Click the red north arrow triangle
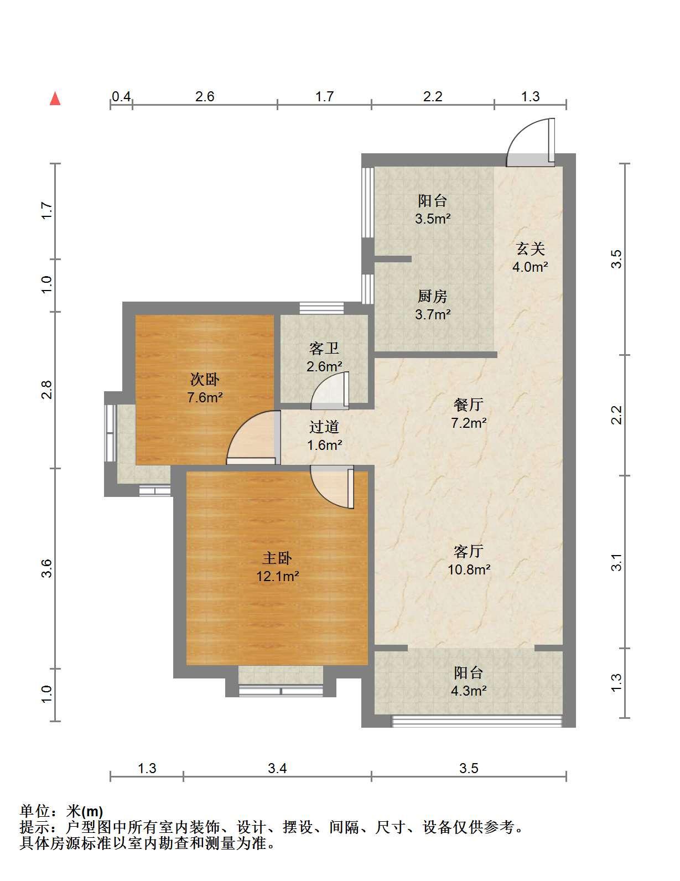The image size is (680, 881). tap(55, 99)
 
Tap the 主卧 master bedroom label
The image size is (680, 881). tap(277, 558)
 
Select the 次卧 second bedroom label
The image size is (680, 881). tap(205, 380)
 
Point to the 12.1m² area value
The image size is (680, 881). tap(278, 576)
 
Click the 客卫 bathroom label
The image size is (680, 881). tap(324, 349)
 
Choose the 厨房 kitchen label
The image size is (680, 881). tap(432, 297)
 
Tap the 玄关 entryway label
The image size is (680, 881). tap(531, 249)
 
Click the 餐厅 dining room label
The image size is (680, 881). tap(469, 405)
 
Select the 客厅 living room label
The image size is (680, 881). tap(469, 551)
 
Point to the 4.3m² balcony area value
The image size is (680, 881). tap(469, 691)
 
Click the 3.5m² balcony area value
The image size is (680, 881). tap(433, 219)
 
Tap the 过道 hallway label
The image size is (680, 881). tap(324, 427)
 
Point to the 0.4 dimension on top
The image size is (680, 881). tap(121, 96)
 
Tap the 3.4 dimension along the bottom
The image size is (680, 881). tap(278, 768)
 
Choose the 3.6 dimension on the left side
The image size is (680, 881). tap(48, 568)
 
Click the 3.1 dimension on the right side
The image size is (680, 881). tap(616, 562)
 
